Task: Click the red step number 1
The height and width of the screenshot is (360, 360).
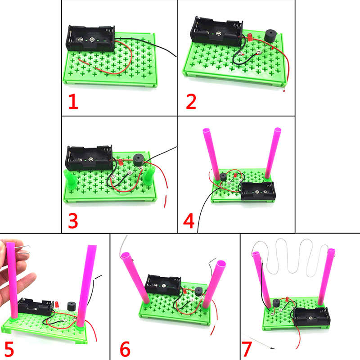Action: (x=73, y=102)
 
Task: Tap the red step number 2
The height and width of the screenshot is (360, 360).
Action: (x=191, y=102)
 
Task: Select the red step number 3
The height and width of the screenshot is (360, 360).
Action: (x=73, y=221)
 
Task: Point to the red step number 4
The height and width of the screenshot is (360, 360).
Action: (x=189, y=221)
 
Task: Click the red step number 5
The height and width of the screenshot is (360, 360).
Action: (x=9, y=349)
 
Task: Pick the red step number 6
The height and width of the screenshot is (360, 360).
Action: (x=125, y=349)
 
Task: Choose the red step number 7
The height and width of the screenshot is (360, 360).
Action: (x=247, y=349)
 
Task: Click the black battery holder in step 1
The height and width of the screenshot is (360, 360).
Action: (x=90, y=38)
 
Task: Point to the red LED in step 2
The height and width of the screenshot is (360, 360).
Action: (x=250, y=37)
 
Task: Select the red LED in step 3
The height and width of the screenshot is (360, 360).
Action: (x=121, y=162)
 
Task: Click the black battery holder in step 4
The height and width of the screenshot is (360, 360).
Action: (x=257, y=190)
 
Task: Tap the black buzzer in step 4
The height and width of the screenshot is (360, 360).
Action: (x=223, y=177)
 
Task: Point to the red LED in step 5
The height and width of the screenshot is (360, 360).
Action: (x=57, y=305)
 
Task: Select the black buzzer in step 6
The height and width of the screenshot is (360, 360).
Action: (x=198, y=291)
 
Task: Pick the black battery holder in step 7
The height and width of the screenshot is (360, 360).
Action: (x=311, y=317)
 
